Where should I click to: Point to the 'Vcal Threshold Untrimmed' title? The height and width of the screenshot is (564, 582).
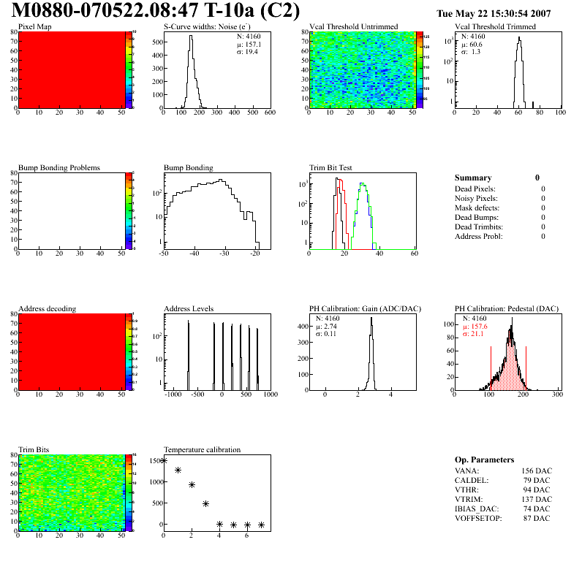(354, 27)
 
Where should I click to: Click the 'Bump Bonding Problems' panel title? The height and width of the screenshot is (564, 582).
(59, 168)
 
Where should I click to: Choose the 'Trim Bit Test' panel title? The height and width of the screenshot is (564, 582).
(331, 168)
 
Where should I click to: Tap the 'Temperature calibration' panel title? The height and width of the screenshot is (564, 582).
(203, 450)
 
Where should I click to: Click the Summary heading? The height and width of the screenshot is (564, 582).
(473, 178)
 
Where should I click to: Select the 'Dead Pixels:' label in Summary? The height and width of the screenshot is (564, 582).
(475, 188)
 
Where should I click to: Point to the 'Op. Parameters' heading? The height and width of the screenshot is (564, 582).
(484, 460)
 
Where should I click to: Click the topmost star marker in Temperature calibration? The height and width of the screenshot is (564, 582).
(165, 460)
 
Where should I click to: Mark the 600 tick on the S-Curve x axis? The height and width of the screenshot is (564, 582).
(270, 113)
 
